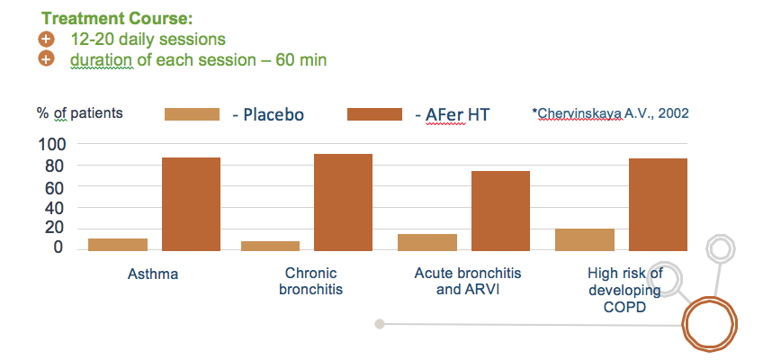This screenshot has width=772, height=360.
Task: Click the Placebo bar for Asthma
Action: click(118, 245)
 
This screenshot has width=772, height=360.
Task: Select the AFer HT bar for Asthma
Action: click(191, 204)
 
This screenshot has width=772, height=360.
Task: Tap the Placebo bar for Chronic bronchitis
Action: click(270, 247)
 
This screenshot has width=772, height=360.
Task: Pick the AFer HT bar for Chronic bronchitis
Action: click(343, 202)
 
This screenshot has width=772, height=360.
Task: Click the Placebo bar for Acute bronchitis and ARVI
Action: click(427, 242)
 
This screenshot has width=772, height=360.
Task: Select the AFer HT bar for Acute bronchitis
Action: click(500, 211)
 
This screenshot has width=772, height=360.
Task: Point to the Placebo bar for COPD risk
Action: click(585, 239)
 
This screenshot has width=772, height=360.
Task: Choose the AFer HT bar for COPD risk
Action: click(659, 205)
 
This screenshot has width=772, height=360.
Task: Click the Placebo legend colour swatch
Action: click(192, 114)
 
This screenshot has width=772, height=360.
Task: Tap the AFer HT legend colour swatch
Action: click(374, 114)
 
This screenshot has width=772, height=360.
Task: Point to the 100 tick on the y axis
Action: click(51, 144)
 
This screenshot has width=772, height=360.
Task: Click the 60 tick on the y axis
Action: click(55, 187)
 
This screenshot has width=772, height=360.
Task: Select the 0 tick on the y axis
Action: click(59, 247)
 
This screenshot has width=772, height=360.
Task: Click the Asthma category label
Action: click(153, 274)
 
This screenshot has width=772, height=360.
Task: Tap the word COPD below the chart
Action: click(624, 307)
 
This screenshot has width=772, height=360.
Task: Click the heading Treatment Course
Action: click(117, 19)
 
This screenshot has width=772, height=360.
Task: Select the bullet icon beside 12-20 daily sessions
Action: click(46, 39)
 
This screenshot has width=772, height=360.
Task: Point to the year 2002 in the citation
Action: click(674, 113)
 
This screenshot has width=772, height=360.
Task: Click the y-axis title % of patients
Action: click(80, 113)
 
